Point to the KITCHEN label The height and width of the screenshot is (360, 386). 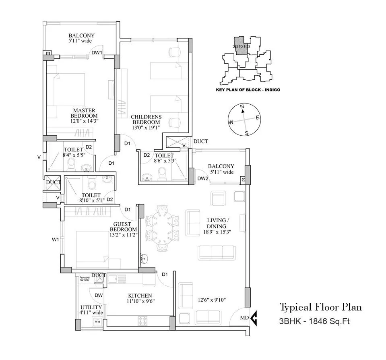point(140,295)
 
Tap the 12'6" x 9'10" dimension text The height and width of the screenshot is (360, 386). point(212,300)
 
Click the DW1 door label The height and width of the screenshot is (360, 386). point(97,53)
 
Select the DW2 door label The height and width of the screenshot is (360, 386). point(202,179)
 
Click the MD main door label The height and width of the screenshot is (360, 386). point(244,318)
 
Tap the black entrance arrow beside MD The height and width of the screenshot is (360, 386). point(254,318)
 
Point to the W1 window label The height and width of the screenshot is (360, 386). point(56,240)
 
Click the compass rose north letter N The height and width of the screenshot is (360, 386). point(242,107)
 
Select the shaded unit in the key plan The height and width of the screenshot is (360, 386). point(239,46)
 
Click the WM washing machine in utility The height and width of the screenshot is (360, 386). point(97,322)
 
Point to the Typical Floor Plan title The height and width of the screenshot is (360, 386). point(320,307)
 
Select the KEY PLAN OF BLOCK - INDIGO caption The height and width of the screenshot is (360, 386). point(248,90)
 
